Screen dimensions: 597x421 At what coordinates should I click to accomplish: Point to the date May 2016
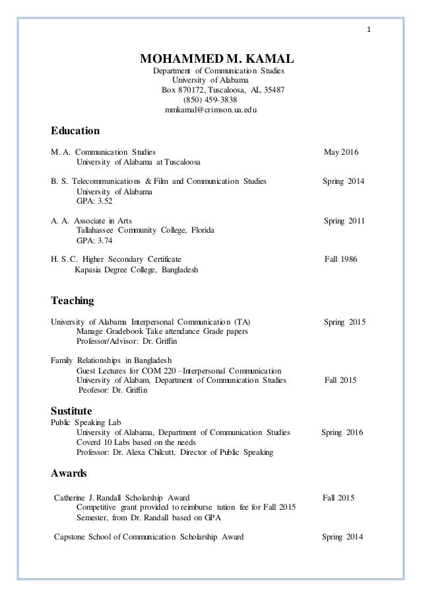[341, 153]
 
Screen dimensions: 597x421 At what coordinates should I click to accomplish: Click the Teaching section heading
[73, 301]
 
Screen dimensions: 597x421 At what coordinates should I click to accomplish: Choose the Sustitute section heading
[76, 411]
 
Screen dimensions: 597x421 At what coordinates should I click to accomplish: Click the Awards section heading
[69, 473]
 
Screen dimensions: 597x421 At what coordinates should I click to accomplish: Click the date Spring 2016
[342, 432]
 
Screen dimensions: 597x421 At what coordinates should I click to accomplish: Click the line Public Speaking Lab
[88, 422]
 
